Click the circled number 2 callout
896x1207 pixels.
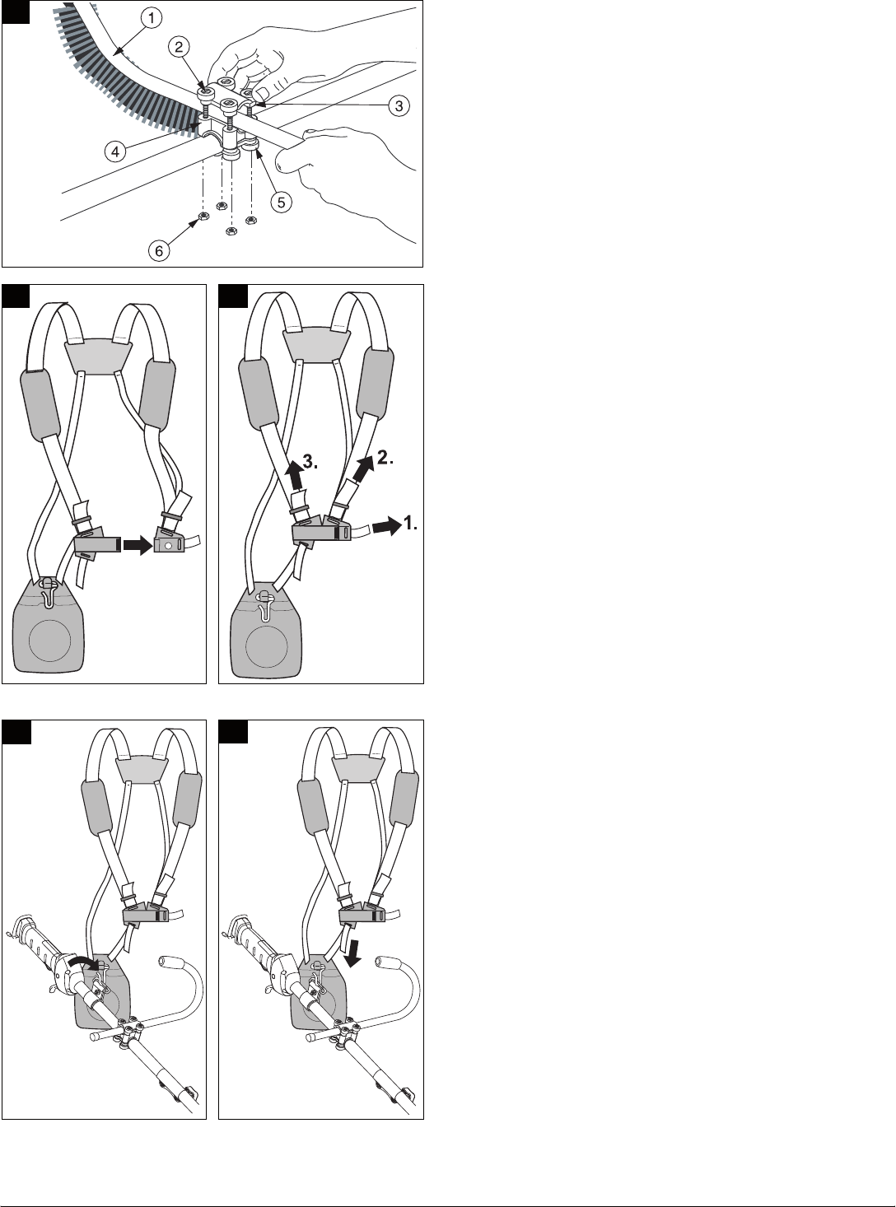point(179,47)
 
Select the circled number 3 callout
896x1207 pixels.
point(399,105)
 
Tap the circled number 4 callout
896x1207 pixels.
point(114,151)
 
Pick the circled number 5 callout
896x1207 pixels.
point(281,203)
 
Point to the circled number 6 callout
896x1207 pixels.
point(159,250)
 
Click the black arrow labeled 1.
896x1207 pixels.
point(386,526)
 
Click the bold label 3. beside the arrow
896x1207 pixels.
point(310,462)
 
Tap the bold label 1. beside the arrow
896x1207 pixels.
point(410,524)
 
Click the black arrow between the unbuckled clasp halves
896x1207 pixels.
point(138,545)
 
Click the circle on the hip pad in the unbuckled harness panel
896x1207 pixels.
point(49,641)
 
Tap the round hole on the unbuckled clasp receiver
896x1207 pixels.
point(169,545)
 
